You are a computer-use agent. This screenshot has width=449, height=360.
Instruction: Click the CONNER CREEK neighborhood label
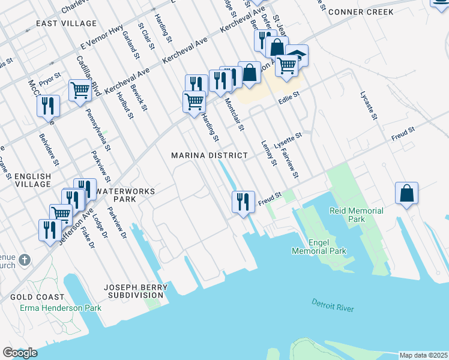[361, 12]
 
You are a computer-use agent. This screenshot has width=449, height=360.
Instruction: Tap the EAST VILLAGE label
[66, 23]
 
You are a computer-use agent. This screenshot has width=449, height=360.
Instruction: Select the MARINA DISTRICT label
[209, 155]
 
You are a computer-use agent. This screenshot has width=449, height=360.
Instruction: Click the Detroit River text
[333, 305]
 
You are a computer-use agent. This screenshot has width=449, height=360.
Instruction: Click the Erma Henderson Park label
[60, 308]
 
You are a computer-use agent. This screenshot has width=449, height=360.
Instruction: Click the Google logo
[20, 353]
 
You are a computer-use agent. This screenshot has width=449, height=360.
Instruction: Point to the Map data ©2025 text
[423, 355]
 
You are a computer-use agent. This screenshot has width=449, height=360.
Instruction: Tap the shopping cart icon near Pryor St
[79, 90]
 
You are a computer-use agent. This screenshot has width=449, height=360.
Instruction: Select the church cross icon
[23, 260]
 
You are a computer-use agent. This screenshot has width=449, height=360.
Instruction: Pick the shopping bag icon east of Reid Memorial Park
[406, 193]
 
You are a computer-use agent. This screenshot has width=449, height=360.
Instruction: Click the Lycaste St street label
[368, 106]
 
